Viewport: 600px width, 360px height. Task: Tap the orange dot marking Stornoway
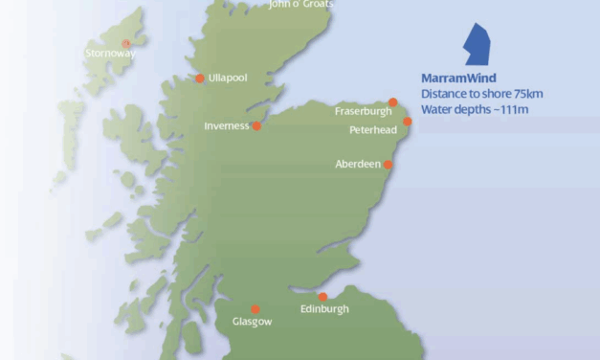126,43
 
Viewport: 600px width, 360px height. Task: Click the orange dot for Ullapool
200,79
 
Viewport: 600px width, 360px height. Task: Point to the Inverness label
226,125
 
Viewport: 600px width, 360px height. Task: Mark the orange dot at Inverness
256,125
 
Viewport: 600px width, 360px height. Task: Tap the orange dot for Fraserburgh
392,102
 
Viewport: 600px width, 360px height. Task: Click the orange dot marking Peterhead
408,122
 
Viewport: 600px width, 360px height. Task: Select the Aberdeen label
358,164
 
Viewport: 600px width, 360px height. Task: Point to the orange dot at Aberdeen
389,165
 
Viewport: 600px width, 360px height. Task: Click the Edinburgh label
324,309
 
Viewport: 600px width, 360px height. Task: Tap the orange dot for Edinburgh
322,297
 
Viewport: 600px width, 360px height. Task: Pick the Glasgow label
253,323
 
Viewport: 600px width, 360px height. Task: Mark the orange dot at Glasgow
255,309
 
